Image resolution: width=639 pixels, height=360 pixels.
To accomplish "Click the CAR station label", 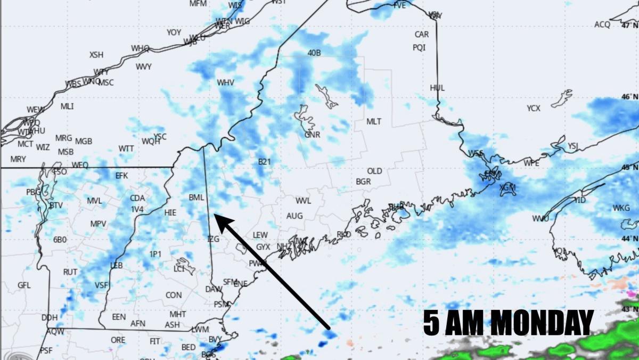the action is click(422, 35).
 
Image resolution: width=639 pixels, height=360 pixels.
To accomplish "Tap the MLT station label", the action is click(374, 121).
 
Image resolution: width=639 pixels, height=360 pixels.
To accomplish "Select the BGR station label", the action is click(363, 182).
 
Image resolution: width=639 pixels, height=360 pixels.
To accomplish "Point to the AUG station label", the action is click(294, 216).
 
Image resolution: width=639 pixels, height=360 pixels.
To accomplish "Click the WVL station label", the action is click(303, 201).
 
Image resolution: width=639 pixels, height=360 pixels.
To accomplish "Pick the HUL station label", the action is click(437, 88).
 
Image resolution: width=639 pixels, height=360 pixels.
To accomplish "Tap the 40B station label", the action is click(314, 53).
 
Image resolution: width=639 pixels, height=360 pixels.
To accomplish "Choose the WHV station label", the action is click(225, 83).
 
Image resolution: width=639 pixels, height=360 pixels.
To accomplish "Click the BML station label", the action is click(196, 197).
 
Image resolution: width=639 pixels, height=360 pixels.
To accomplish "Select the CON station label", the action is click(174, 295).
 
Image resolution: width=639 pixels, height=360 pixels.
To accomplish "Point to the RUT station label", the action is click(70, 272).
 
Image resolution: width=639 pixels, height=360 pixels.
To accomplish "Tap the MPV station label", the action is click(98, 224).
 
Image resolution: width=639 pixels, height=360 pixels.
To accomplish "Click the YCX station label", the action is click(534, 108).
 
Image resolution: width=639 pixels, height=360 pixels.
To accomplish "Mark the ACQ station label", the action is click(602, 24).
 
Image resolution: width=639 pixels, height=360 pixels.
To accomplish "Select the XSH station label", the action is click(96, 54).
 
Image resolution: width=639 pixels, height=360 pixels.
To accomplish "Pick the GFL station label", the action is click(24, 285).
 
